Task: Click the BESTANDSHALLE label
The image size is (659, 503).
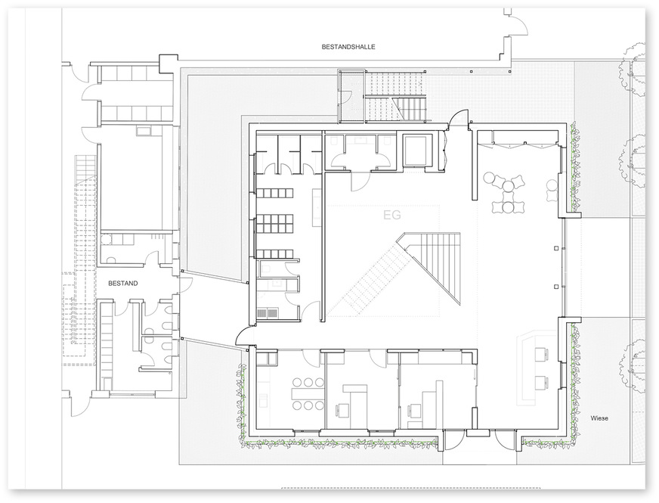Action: [348, 47]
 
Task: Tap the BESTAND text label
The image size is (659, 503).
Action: [122, 284]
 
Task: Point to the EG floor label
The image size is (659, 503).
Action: [392, 215]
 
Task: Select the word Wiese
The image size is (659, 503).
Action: [599, 418]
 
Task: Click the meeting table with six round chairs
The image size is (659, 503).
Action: [308, 393]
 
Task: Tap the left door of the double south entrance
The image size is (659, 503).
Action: [454, 442]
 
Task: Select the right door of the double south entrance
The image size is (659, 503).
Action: [506, 442]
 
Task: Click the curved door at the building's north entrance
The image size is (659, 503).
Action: [458, 118]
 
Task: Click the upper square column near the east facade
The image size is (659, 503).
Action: [556, 248]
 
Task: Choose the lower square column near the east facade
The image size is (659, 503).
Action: [556, 287]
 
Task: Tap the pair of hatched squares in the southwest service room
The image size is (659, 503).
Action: [268, 313]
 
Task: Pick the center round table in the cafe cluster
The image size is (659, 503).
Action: [509, 185]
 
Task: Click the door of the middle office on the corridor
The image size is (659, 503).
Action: [379, 357]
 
